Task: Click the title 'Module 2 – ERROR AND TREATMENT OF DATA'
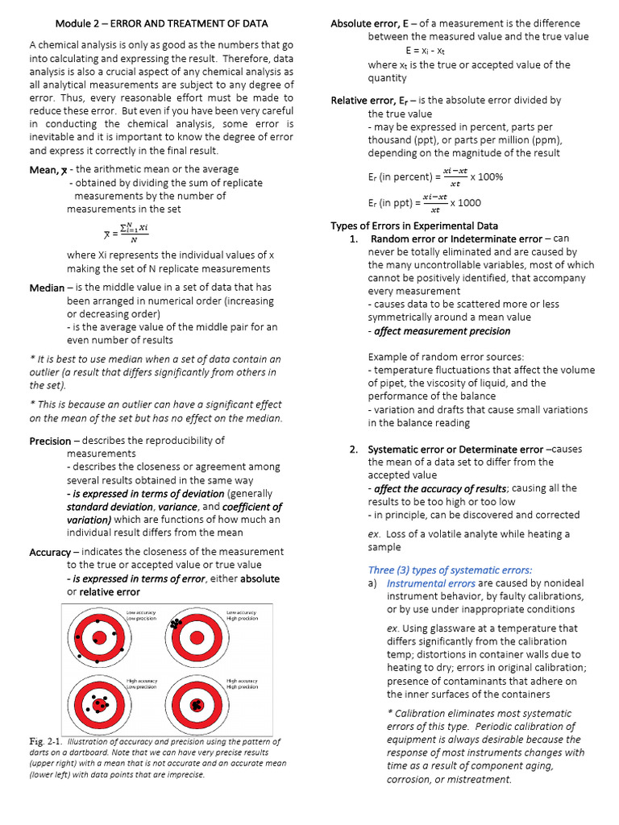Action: [161, 23]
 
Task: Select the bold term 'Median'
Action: [47, 288]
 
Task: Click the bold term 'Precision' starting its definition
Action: [50, 441]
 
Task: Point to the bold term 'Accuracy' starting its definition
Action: [50, 552]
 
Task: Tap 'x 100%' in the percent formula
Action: [487, 176]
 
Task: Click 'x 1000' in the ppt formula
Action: [465, 204]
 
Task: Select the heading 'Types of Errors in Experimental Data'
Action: [414, 226]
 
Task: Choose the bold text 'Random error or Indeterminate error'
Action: [455, 239]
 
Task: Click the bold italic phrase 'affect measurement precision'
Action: [439, 331]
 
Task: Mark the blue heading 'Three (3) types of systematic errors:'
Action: [450, 570]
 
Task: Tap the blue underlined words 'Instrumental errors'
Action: [430, 583]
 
